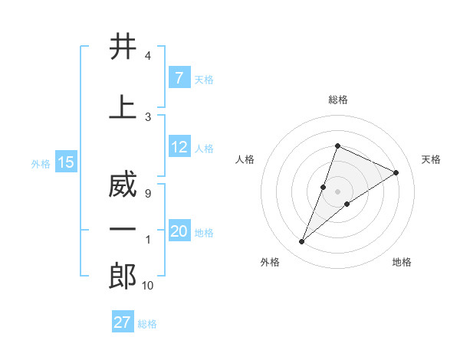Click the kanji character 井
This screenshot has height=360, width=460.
tap(123, 47)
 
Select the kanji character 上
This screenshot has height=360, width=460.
tap(123, 107)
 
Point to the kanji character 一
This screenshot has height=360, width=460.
tap(123, 231)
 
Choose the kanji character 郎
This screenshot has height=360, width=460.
tap(123, 276)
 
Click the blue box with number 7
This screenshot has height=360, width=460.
tap(179, 78)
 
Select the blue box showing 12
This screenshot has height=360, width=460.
tap(179, 148)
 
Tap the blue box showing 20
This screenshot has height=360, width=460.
tap(179, 232)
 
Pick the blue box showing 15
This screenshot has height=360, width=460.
tap(66, 162)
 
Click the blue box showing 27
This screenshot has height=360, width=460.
tap(123, 322)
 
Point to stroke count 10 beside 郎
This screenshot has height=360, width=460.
tap(147, 286)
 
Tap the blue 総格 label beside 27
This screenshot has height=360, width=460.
tap(147, 324)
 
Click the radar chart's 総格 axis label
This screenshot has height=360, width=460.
tap(337, 100)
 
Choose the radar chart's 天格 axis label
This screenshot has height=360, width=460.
tap(431, 159)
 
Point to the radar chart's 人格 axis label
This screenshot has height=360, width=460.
tap(245, 159)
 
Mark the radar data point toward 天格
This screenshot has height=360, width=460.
tap(396, 172)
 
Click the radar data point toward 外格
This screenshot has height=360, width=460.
tap(302, 242)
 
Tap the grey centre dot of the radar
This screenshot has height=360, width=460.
tap(337, 191)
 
